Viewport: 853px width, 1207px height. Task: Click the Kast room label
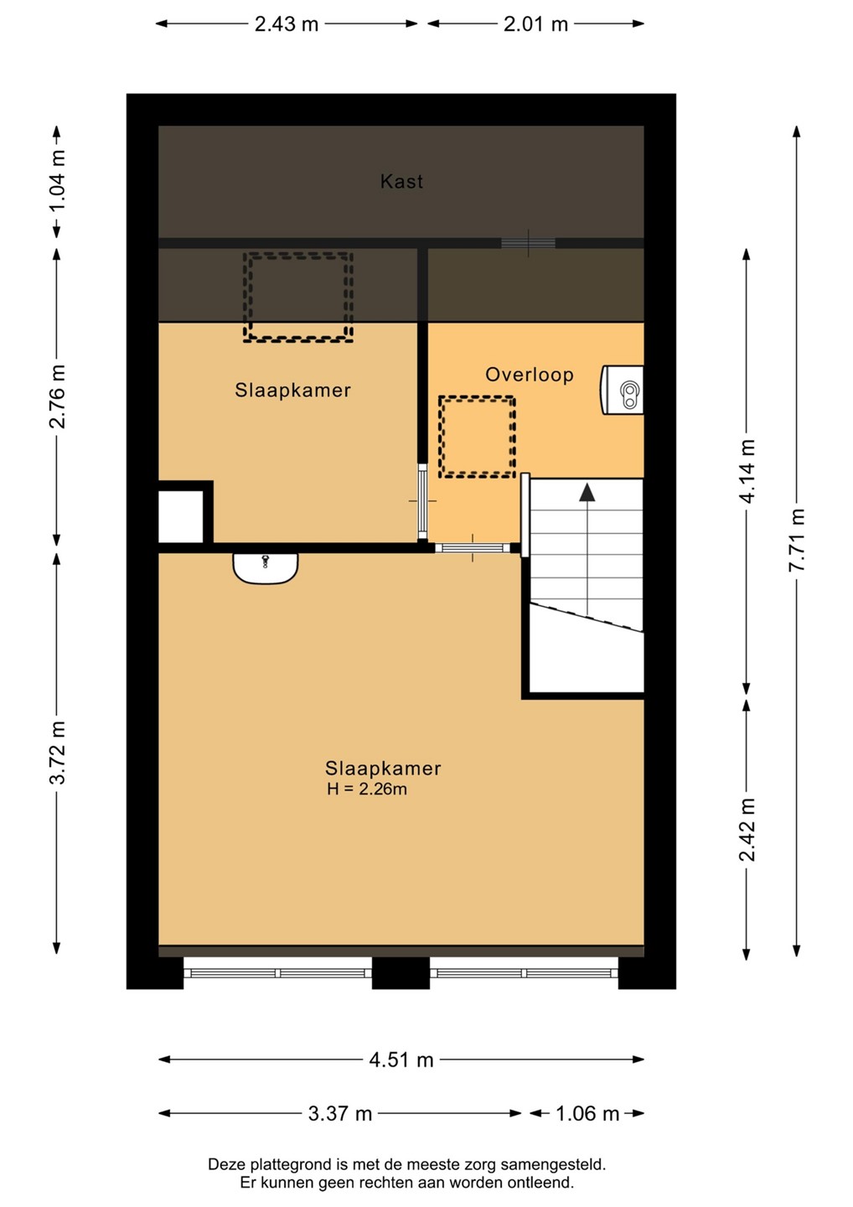pos(401,182)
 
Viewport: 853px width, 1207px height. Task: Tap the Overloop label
pos(530,375)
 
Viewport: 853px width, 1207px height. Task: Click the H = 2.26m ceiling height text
pos(367,789)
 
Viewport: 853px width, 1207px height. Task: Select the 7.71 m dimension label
pos(797,540)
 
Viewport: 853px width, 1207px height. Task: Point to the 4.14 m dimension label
pos(747,471)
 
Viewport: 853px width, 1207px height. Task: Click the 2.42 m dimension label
pos(747,831)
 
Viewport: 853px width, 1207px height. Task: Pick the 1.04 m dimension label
pos(57,182)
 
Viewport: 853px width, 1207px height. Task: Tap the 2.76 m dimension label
pos(57,396)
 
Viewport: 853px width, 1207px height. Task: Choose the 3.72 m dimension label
pos(57,752)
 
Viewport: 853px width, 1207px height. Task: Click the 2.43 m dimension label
pos(287,24)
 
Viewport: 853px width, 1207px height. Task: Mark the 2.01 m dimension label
pos(535,24)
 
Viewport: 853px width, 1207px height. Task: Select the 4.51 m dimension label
pos(401,1060)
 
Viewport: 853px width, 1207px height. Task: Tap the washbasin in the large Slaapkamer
pos(266,568)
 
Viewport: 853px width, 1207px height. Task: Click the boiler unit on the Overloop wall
pos(622,390)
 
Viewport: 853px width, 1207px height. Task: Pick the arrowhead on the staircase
pos(587,492)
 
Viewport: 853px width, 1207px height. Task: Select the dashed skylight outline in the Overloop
pos(477,398)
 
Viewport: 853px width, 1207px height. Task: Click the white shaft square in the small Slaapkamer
pos(181,516)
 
